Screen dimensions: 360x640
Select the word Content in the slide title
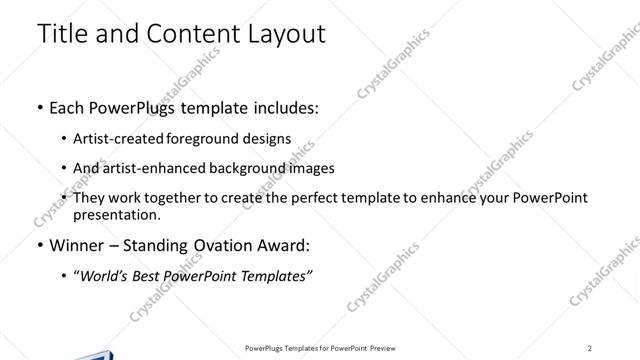pyautogui.click(x=186, y=33)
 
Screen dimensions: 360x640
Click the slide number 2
pyautogui.click(x=590, y=347)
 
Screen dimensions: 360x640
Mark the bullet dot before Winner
pyautogui.click(x=39, y=245)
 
